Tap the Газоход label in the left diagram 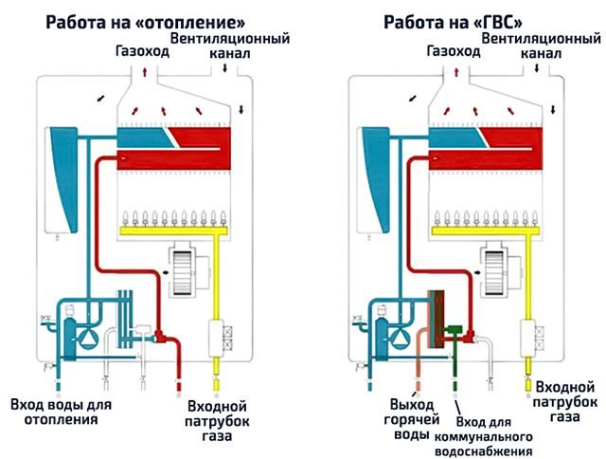141,52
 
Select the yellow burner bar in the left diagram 169,229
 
